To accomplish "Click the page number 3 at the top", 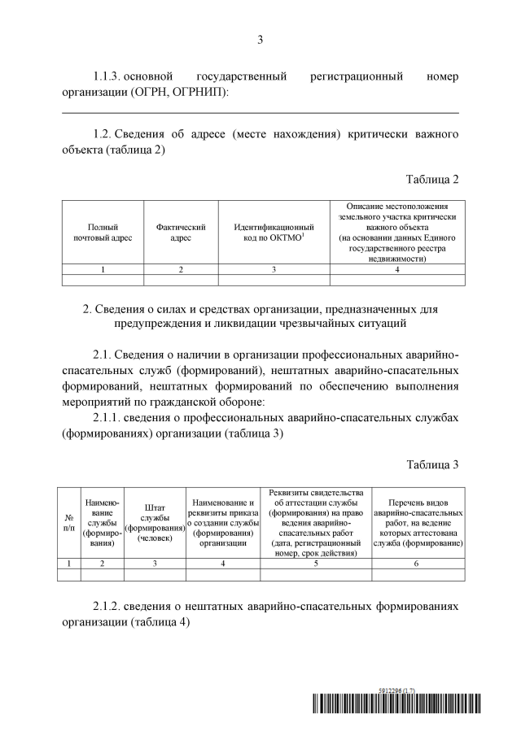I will pyautogui.click(x=260, y=39).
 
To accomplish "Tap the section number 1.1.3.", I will pyautogui.click(x=108, y=76).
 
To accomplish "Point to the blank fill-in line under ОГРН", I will pyautogui.click(x=260, y=112).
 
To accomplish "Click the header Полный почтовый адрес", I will pyautogui.click(x=103, y=232).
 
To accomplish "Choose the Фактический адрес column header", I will pyautogui.click(x=181, y=232).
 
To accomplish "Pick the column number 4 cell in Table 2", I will pyautogui.click(x=397, y=268).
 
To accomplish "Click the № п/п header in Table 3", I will pyautogui.click(x=69, y=522).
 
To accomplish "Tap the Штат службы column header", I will pyautogui.click(x=155, y=522).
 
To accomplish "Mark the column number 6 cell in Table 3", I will pyautogui.click(x=417, y=563).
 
